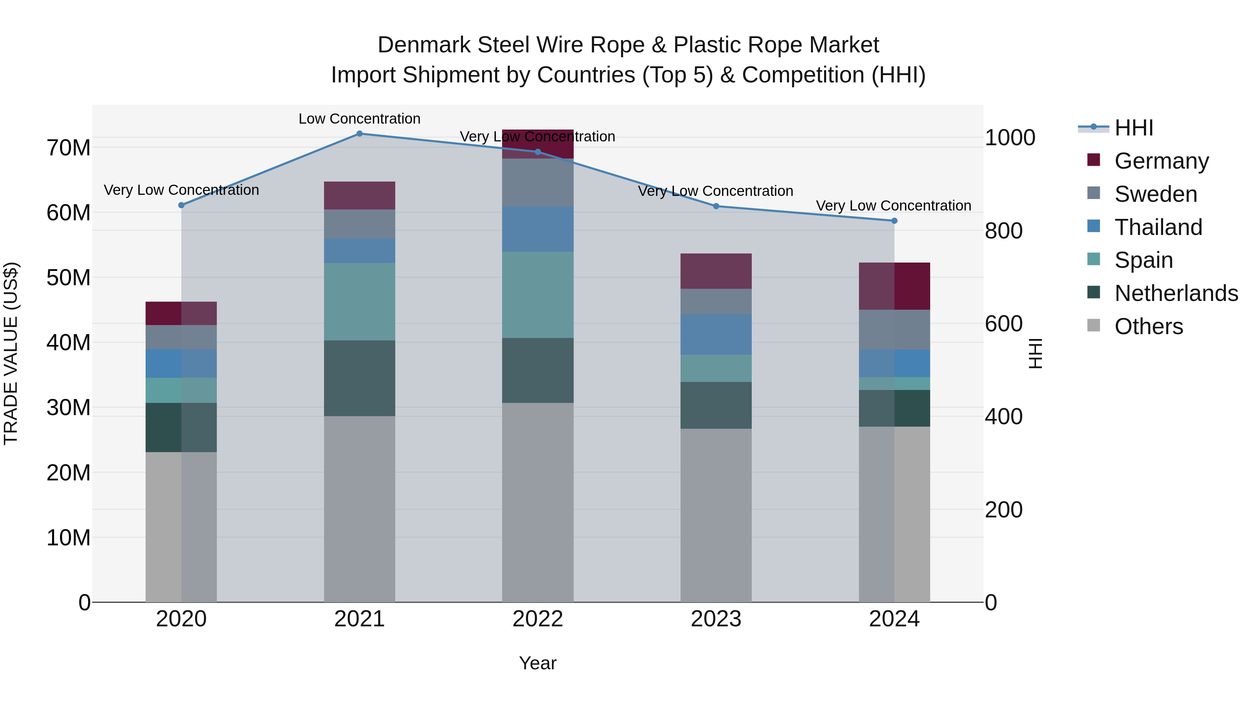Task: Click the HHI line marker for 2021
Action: point(359,134)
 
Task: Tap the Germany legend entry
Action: point(1161,161)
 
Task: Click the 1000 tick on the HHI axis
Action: point(1009,138)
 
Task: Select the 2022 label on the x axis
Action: point(537,619)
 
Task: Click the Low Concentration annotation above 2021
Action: point(359,119)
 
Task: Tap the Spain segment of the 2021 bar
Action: point(359,302)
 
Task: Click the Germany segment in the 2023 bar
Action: point(715,271)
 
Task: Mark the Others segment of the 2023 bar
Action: point(715,515)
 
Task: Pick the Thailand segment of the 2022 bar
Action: point(537,229)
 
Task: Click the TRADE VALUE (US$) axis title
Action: point(11,353)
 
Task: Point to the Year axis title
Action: point(537,663)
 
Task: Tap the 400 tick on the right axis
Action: point(1003,417)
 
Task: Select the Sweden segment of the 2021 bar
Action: point(359,224)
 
